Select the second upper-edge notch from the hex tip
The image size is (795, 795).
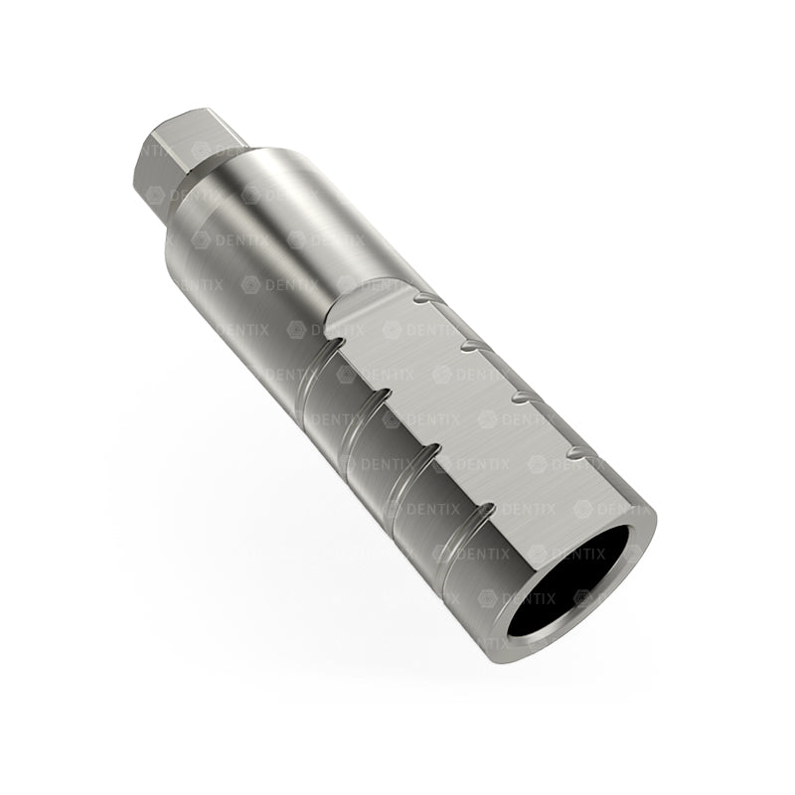470,344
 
